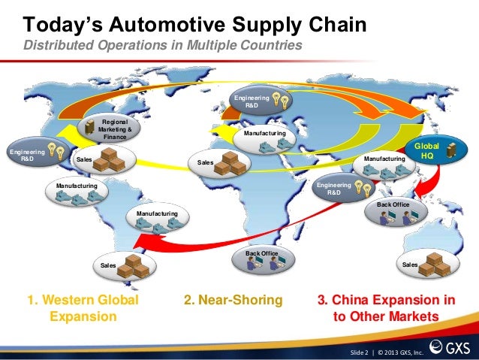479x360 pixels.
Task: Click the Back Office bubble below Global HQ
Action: (x=399, y=213)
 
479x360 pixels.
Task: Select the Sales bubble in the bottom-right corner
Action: (x=428, y=264)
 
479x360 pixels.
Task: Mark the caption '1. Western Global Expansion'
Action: (x=83, y=308)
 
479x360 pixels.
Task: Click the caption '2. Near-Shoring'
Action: (x=233, y=301)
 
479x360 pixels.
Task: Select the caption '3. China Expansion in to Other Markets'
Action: (x=386, y=308)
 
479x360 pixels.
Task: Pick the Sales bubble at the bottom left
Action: (x=126, y=265)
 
